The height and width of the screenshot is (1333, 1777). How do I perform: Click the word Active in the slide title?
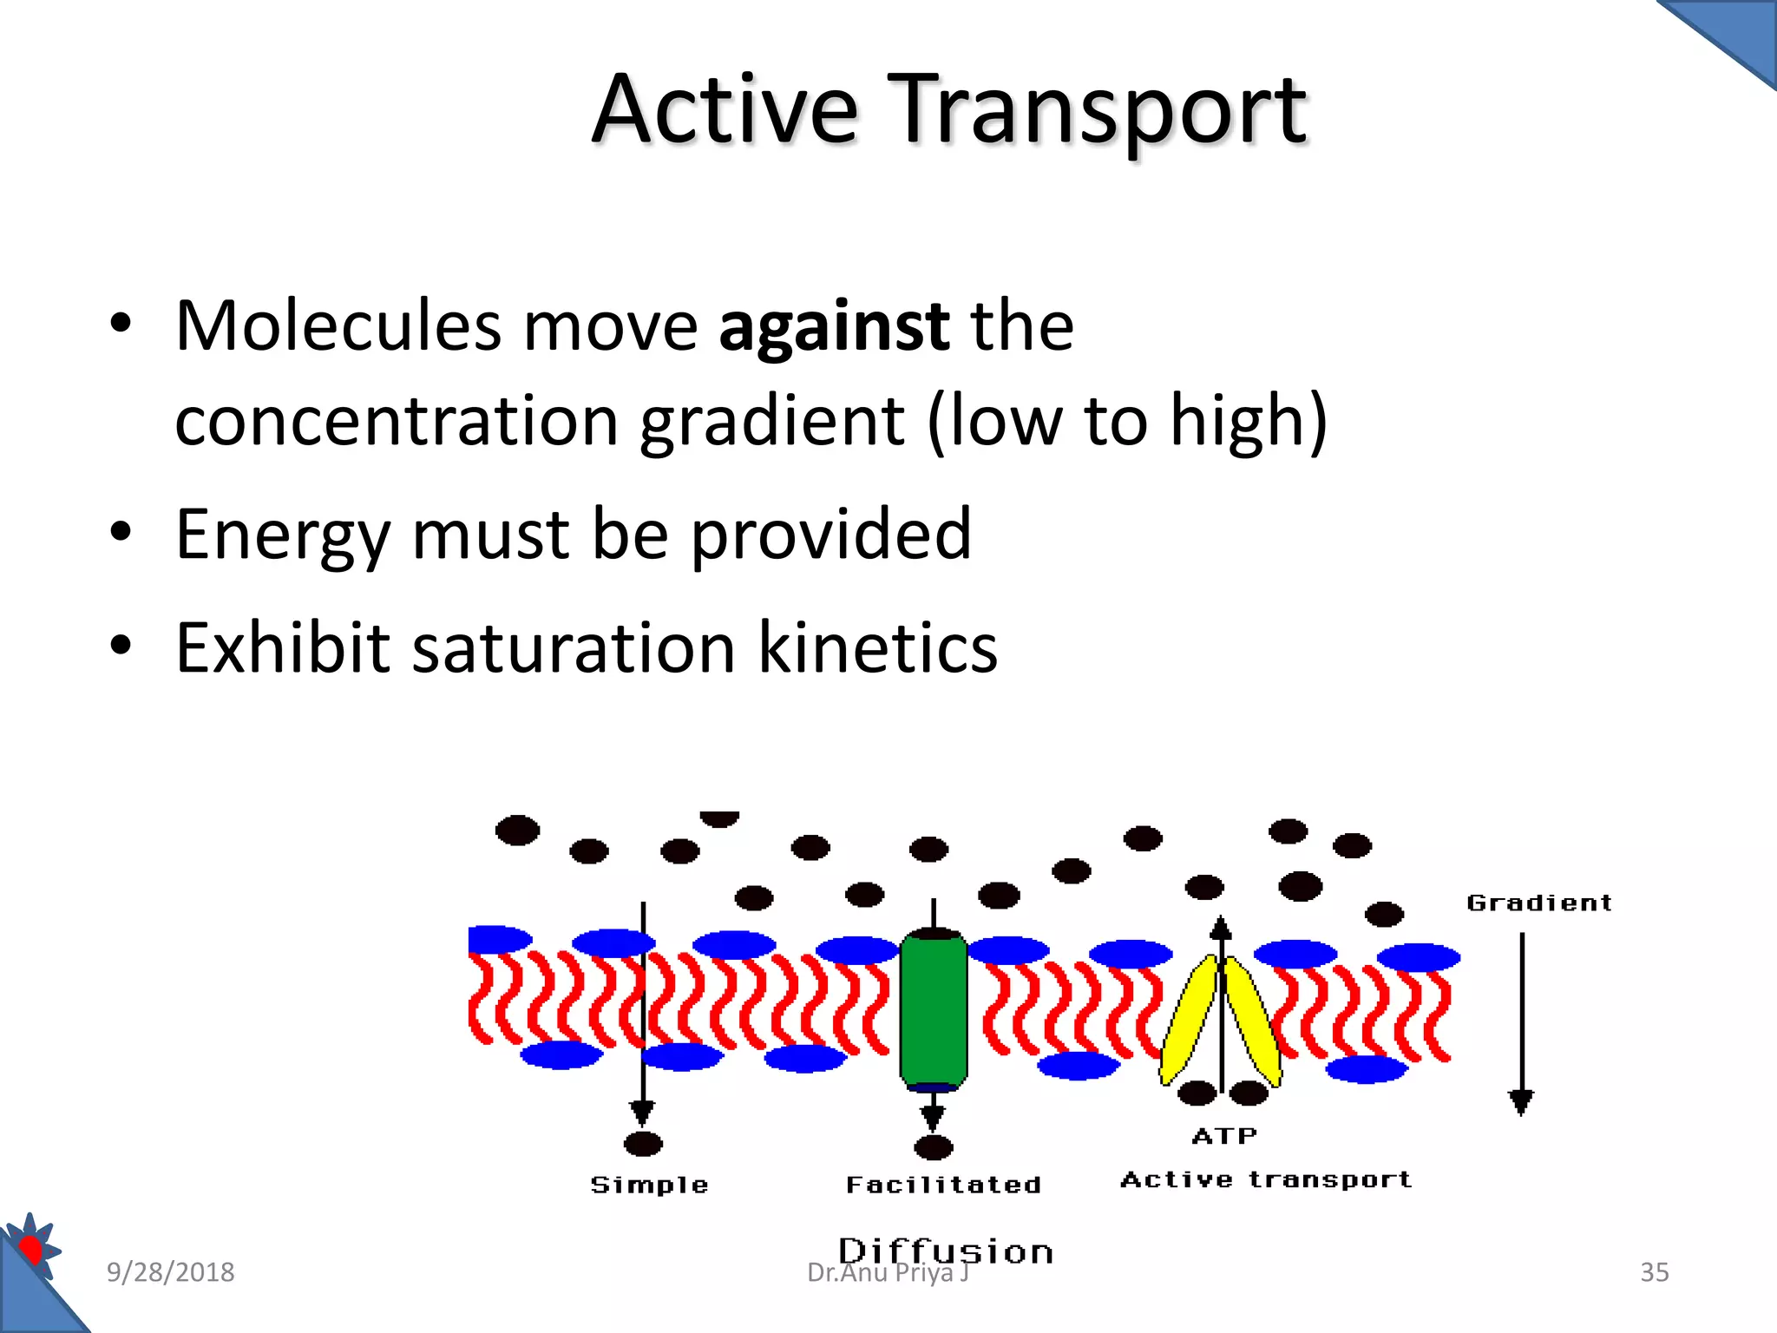725,110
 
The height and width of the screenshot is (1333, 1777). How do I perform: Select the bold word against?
834,326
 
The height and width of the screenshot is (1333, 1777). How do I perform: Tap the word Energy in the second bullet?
283,535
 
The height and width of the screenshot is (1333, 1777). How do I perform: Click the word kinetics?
878,647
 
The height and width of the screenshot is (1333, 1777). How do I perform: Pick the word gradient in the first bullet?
772,422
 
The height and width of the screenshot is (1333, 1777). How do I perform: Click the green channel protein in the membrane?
934,1009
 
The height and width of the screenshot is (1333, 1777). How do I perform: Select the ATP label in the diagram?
1223,1136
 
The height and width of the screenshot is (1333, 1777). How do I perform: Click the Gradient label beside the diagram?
1538,903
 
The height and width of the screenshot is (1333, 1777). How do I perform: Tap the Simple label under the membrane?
649,1185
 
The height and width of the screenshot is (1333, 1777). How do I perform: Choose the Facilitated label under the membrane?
943,1185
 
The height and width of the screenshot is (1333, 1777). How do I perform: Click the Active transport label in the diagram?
1266,1179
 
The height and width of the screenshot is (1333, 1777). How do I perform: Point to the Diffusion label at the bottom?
946,1251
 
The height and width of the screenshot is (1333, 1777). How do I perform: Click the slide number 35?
1654,1272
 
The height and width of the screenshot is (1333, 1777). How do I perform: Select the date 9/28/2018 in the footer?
170,1272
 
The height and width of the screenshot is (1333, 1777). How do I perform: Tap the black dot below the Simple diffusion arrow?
643,1145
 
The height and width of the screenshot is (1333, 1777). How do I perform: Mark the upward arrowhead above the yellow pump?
1221,927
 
